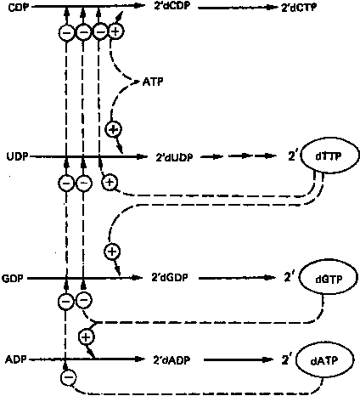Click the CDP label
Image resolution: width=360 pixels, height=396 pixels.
19,7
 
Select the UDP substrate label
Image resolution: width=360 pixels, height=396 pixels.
18,156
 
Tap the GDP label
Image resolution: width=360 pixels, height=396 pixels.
13,278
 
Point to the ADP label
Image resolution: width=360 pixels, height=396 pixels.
15,359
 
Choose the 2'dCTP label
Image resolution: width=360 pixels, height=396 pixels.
299,8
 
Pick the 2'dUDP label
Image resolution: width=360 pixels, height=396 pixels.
174,157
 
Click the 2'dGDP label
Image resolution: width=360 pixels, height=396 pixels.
170,278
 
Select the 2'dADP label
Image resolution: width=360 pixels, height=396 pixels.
172,360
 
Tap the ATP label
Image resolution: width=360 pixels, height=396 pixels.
153,82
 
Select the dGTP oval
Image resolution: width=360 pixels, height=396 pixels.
329,279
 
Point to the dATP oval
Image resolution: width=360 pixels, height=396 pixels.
324,360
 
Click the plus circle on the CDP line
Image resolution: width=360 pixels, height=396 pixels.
115,31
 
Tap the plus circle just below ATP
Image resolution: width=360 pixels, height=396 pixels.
113,130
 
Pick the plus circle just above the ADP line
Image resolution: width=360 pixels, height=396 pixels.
87,337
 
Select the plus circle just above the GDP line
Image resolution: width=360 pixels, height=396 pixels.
112,252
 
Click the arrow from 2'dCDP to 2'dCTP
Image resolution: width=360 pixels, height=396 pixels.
239,8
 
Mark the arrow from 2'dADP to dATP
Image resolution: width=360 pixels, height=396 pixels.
239,360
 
